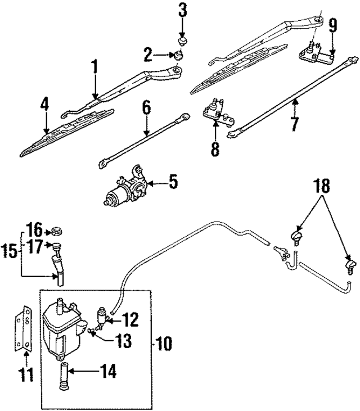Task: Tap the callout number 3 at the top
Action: [x=182, y=10]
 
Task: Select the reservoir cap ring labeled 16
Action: [x=56, y=230]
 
